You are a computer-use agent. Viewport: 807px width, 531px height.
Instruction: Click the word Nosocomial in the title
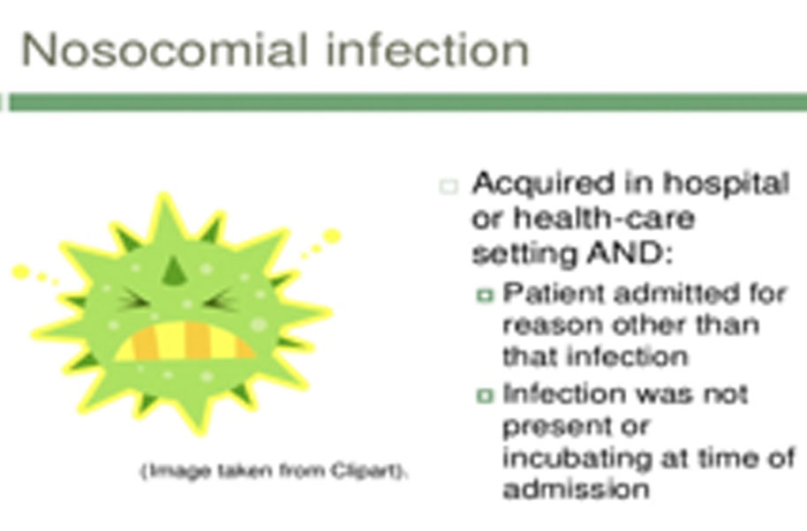(164, 50)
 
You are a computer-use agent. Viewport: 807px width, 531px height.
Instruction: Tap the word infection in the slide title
(427, 50)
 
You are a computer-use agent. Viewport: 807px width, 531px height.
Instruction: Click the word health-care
(604, 218)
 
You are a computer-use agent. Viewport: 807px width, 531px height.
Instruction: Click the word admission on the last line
(576, 489)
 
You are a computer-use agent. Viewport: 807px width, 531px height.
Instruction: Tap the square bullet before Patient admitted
(485, 295)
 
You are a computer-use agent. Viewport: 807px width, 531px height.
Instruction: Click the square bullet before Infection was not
(485, 395)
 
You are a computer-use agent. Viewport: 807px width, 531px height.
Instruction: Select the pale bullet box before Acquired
(449, 186)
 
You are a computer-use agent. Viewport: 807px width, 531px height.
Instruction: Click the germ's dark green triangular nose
(174, 271)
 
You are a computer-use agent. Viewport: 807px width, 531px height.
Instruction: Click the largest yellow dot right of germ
(332, 236)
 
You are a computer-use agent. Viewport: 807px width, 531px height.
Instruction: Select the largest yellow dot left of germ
(20, 272)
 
